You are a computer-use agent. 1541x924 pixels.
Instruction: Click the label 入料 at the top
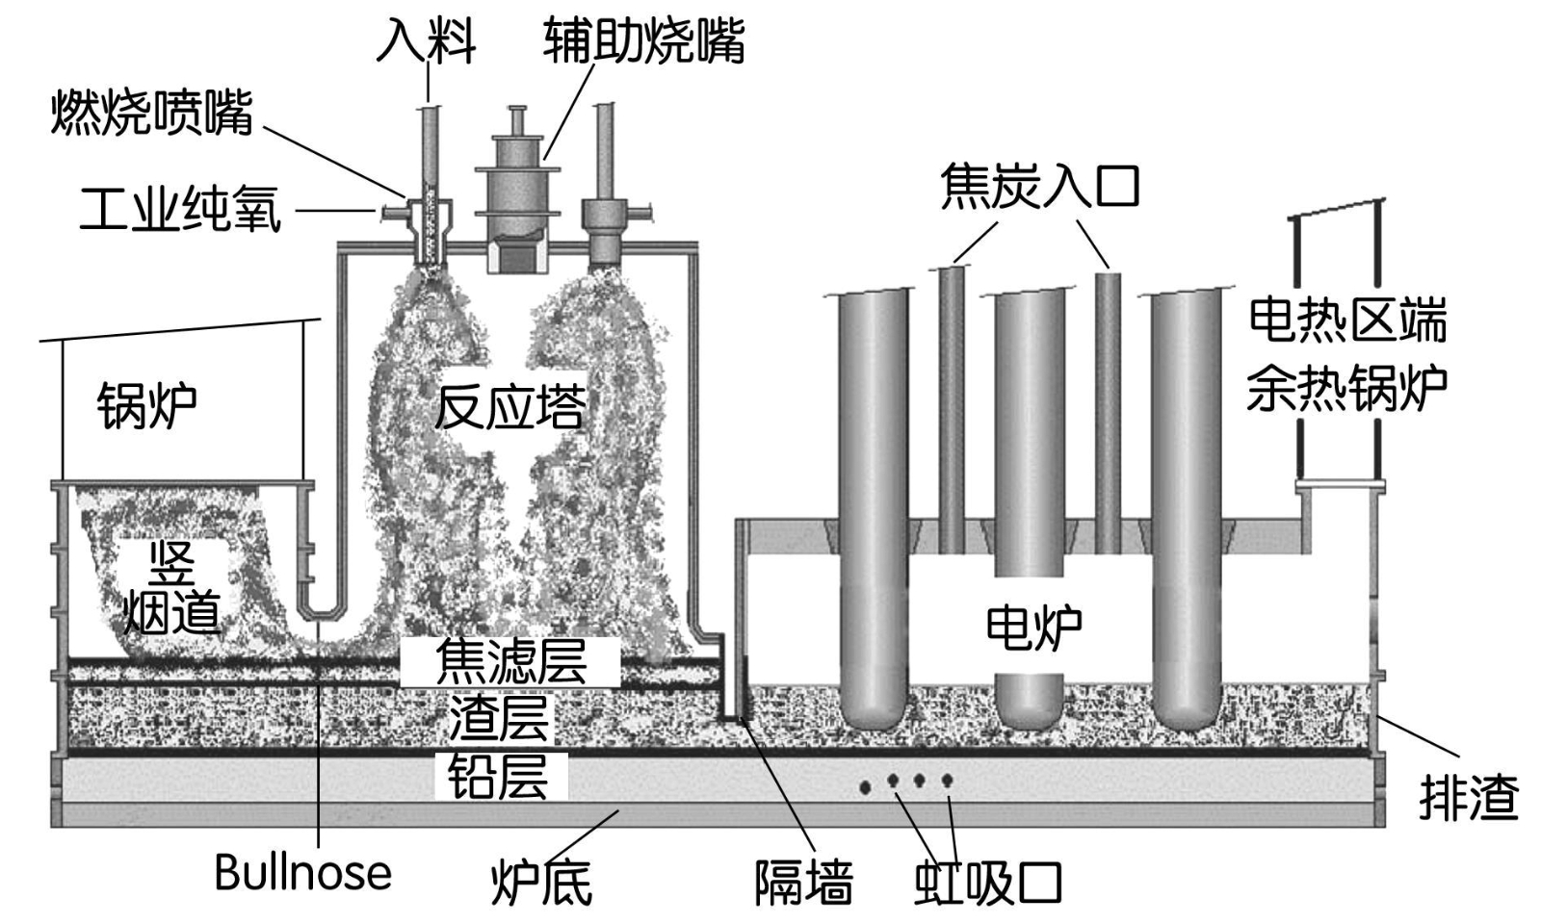click(x=426, y=40)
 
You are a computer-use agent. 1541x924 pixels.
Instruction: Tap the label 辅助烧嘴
click(x=643, y=40)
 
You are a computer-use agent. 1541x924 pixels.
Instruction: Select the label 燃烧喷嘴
click(x=152, y=112)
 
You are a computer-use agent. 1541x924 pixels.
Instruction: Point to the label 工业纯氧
click(x=180, y=209)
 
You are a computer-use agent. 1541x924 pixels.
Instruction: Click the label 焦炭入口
click(x=1039, y=185)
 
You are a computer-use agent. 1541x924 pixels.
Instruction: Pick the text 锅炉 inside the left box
click(x=147, y=405)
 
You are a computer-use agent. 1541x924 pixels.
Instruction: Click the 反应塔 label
click(x=509, y=406)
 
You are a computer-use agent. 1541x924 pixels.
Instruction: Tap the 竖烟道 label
click(x=171, y=587)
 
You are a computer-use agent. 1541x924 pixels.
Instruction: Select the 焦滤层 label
click(x=510, y=661)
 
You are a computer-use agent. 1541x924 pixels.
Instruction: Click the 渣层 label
click(x=499, y=718)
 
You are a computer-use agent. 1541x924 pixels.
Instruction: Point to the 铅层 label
click(x=499, y=777)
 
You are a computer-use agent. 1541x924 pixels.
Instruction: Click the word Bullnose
click(x=302, y=873)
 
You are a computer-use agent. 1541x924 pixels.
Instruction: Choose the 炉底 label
click(x=541, y=881)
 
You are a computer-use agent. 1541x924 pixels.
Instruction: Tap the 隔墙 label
click(x=803, y=881)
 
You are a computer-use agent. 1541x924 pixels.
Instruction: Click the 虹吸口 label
click(x=987, y=881)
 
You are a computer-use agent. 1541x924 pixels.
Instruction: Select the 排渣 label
click(x=1469, y=797)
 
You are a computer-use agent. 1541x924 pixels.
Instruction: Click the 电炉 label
click(x=1033, y=627)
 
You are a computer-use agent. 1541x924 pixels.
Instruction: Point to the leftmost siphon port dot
click(x=866, y=787)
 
